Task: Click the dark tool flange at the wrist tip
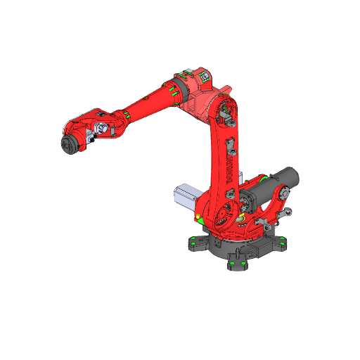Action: [70, 144]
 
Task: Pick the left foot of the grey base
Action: [193, 244]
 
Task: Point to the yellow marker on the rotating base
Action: [200, 214]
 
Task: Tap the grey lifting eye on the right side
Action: [289, 212]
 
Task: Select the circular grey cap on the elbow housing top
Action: [205, 74]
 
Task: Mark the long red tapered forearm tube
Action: [148, 103]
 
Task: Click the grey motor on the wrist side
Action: [103, 129]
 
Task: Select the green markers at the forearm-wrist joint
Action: [124, 115]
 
